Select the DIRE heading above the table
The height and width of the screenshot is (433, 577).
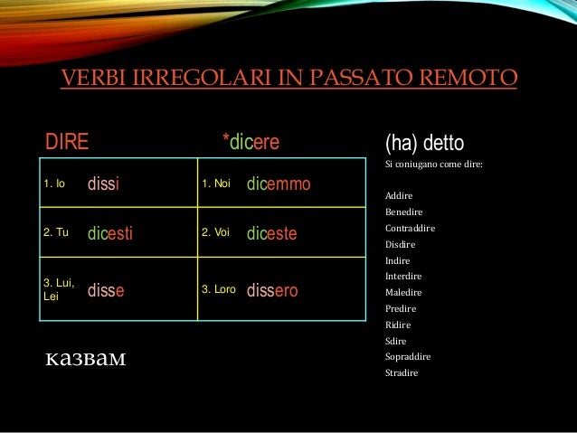click(x=67, y=143)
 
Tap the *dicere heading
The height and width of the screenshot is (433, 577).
click(x=251, y=143)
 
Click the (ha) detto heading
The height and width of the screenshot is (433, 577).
click(x=424, y=144)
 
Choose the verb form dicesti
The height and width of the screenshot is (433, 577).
click(x=110, y=234)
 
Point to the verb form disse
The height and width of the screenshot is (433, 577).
click(x=106, y=291)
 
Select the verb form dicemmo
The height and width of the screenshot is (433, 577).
click(x=279, y=184)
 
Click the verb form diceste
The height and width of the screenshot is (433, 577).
click(x=271, y=234)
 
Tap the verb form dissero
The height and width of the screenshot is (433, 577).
click(x=272, y=291)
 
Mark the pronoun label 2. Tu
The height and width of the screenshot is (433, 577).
click(x=56, y=232)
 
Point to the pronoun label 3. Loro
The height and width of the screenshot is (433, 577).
click(x=218, y=290)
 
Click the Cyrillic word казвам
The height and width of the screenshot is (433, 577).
click(x=86, y=360)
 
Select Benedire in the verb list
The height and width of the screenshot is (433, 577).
click(x=403, y=212)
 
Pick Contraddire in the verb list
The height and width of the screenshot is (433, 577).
click(x=410, y=228)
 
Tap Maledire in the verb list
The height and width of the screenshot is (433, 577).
click(x=403, y=292)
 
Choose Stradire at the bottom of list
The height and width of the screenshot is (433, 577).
click(x=402, y=372)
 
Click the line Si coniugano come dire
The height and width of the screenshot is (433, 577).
click(x=433, y=165)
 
